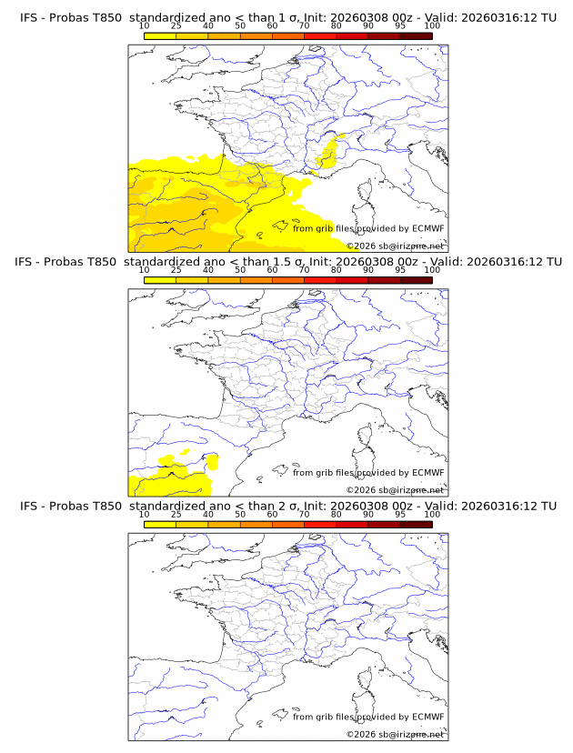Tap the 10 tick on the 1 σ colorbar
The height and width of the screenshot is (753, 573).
pos(145,27)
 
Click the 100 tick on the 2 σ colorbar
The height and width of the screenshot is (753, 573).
pos(432,515)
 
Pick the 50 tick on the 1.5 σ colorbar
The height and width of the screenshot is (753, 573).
pos(240,271)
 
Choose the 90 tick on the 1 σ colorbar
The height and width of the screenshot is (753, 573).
pos(367,27)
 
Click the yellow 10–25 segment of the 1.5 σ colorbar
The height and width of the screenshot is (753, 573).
pos(160,280)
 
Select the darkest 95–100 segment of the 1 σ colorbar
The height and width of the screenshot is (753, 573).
pos(416,35)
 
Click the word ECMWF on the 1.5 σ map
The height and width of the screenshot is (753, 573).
pos(427,472)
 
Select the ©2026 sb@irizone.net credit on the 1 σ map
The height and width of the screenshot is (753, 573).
pos(396,246)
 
